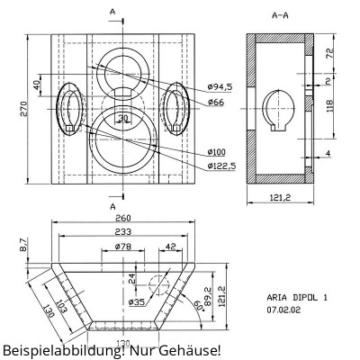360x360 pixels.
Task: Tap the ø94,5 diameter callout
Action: click(220, 86)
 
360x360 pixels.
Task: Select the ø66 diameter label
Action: click(215, 103)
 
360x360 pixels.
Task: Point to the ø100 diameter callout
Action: click(217, 151)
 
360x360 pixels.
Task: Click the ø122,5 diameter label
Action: click(220, 166)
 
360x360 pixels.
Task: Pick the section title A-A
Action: click(279, 15)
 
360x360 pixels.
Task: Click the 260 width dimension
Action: click(122, 218)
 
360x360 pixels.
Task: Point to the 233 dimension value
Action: click(122, 231)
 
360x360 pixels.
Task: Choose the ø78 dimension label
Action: click(125, 246)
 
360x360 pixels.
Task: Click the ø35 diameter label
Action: click(136, 302)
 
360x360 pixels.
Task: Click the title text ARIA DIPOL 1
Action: click(297, 296)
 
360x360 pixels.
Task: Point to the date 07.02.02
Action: click(283, 309)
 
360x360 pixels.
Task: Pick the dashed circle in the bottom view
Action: click(158, 286)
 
